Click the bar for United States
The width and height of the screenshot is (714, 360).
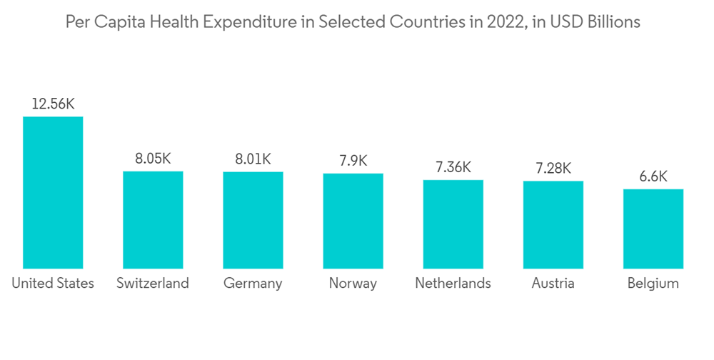pyautogui.click(x=53, y=192)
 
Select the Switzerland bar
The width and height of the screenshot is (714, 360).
pyautogui.click(x=153, y=220)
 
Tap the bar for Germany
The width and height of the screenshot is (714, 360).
pyautogui.click(x=253, y=220)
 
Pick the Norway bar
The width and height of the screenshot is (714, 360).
pyautogui.click(x=353, y=221)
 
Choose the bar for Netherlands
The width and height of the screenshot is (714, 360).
pyautogui.click(x=453, y=224)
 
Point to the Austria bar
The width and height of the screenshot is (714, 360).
pyautogui.click(x=553, y=225)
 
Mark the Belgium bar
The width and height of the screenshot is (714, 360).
pyautogui.click(x=653, y=229)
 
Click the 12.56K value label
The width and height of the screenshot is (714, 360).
pyautogui.click(x=53, y=104)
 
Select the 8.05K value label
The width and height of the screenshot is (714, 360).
pyautogui.click(x=153, y=159)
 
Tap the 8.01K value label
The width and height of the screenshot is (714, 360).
pyautogui.click(x=253, y=159)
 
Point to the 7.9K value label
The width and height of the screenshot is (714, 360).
pyautogui.click(x=353, y=160)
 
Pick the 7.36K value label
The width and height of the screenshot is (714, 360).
pyautogui.click(x=453, y=167)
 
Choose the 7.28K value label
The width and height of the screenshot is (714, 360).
pyautogui.click(x=553, y=168)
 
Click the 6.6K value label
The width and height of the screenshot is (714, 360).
pyautogui.click(x=653, y=176)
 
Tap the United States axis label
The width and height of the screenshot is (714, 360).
pyautogui.click(x=53, y=284)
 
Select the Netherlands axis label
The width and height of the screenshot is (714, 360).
pyautogui.click(x=453, y=284)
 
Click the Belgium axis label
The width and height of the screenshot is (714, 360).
pyautogui.click(x=653, y=284)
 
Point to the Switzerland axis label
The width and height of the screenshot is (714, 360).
pyautogui.click(x=153, y=284)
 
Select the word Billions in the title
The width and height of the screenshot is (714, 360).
pyautogui.click(x=612, y=22)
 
